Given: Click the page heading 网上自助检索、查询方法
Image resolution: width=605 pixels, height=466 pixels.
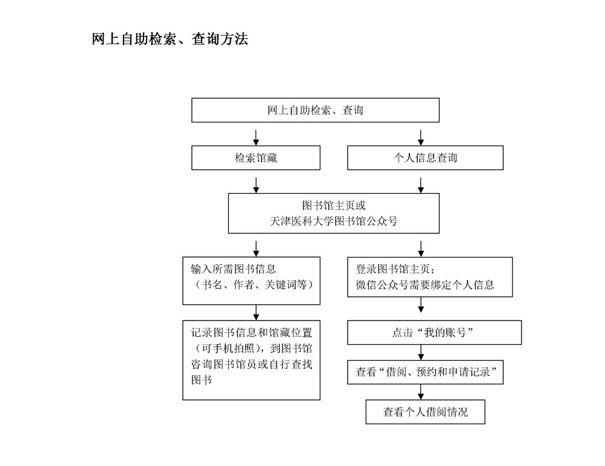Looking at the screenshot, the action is point(170,39).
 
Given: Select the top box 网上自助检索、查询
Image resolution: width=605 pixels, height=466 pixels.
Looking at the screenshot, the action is point(316,110).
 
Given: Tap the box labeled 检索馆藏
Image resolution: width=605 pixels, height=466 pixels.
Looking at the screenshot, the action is point(256,158).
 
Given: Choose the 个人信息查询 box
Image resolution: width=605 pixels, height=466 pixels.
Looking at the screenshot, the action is point(425,158).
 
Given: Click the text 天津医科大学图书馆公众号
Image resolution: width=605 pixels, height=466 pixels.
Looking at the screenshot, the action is point(334,221).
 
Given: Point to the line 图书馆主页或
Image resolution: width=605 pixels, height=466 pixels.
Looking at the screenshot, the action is point(334,205).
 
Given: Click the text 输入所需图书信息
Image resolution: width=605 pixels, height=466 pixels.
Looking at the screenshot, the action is point(233,268).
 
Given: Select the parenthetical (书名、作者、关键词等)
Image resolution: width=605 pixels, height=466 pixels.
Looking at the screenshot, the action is point(252,285).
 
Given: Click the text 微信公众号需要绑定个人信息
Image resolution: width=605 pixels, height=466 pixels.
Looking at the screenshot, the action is point(425,285).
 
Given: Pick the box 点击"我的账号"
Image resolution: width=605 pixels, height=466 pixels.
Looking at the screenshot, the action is point(434,332).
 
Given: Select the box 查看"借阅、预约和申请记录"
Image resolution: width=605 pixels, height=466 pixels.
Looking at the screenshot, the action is point(425,372).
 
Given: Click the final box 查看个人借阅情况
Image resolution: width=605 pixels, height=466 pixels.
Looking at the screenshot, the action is point(425,412).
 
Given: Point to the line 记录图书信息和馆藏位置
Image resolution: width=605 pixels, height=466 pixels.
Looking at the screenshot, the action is point(251,333).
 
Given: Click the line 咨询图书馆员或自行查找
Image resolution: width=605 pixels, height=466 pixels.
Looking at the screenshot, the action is point(251,364).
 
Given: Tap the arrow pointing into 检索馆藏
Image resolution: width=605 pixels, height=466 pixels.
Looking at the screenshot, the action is point(256,138).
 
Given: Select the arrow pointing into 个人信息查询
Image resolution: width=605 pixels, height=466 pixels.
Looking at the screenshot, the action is point(421,138).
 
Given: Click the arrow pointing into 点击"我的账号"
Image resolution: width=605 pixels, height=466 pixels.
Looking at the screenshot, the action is point(421,305).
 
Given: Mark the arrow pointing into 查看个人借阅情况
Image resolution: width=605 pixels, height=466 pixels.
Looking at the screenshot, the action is point(421,392).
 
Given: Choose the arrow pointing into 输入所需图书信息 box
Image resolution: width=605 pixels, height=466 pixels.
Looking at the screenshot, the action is point(256,249).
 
